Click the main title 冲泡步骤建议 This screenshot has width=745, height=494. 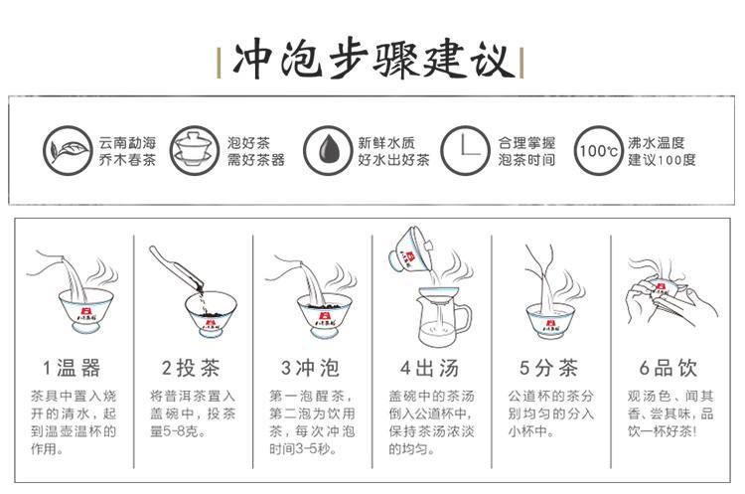[373, 61]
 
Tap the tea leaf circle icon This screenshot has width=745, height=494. [68, 151]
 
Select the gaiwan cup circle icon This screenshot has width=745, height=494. [194, 151]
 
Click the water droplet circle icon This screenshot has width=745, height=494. [328, 151]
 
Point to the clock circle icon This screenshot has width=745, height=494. [464, 151]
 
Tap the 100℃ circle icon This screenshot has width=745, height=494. [598, 151]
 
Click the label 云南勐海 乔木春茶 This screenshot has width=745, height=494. [127, 151]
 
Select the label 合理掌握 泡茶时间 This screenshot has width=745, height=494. [526, 151]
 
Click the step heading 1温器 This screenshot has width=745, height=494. [72, 368]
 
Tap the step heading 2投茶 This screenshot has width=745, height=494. [191, 368]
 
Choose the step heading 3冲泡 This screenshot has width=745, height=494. [310, 368]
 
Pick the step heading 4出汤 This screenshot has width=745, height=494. [429, 368]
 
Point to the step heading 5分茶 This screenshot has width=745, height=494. [548, 368]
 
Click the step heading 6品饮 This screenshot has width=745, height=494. [669, 368]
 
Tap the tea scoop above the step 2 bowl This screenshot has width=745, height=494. [177, 267]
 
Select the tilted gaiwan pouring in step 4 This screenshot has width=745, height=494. [411, 249]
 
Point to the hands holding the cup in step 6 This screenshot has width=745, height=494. [670, 298]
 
